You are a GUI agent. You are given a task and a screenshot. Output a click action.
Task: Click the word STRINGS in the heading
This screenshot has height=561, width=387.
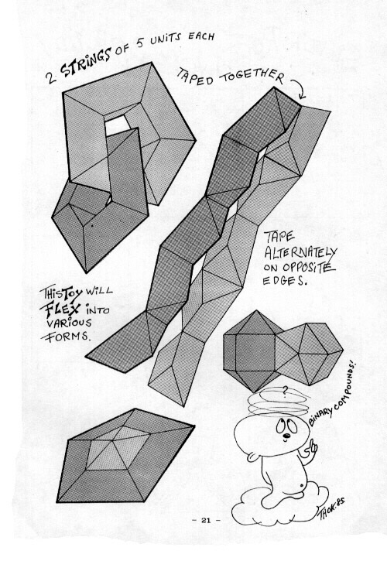[x=85, y=63]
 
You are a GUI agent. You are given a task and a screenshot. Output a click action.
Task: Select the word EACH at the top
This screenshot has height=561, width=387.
[x=201, y=36]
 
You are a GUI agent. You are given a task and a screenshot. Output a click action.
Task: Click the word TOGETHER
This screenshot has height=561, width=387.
[x=252, y=77]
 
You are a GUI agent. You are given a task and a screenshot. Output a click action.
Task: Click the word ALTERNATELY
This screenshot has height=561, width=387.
[x=301, y=252]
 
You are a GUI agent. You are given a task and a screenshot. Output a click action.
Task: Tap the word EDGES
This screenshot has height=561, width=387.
[x=285, y=281]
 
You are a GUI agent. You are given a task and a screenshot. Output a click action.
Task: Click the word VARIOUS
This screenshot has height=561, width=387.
[x=69, y=323]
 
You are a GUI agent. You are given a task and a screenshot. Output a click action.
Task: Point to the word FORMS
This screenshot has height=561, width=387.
[x=66, y=337]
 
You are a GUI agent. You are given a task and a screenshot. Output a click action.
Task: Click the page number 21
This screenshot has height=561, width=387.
[x=206, y=520]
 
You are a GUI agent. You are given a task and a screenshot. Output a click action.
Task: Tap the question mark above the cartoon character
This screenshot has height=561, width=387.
[x=285, y=392]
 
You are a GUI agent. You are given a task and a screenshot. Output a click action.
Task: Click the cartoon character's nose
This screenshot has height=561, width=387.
[x=286, y=436]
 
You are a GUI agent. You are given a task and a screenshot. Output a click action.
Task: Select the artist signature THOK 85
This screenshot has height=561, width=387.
[x=331, y=509]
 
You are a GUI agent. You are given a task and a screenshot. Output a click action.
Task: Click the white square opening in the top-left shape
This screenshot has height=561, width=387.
[x=117, y=126]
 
